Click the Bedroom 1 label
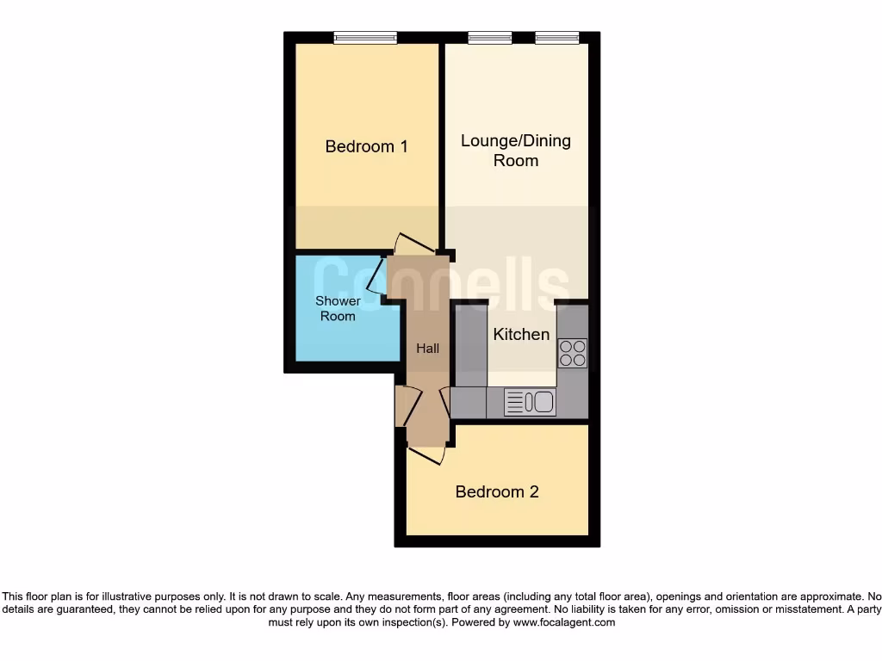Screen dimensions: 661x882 366,146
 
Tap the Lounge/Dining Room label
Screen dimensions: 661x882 515,151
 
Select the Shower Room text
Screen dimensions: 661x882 338,308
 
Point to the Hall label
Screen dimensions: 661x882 428,349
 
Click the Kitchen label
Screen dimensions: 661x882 521,335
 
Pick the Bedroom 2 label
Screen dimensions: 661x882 497,492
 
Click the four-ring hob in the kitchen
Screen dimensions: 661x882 573,352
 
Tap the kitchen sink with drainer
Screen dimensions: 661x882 529,402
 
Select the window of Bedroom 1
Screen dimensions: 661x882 365,37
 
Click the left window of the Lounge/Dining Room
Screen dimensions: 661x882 489,37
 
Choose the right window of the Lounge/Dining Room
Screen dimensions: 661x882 556,37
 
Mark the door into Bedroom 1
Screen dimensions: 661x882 410,244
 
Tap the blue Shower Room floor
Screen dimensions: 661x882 336,340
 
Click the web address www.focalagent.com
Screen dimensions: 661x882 564,622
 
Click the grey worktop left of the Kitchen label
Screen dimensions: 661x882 470,344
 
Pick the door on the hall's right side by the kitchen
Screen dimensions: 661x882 445,402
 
